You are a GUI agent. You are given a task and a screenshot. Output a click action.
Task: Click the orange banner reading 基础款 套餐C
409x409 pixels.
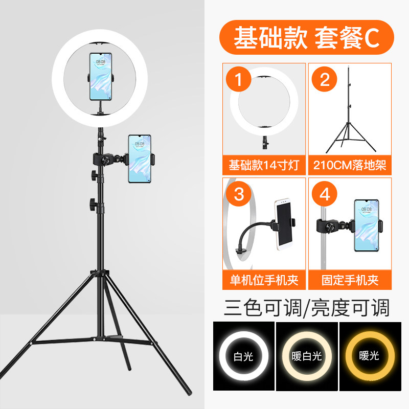(306, 37)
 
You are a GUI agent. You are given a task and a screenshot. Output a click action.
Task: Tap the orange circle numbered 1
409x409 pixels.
(239, 79)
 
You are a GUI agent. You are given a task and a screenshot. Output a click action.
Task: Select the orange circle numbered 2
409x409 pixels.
(325, 79)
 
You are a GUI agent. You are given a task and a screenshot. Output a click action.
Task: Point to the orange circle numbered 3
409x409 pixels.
(239, 194)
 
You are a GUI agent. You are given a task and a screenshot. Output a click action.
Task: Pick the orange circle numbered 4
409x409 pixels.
(325, 194)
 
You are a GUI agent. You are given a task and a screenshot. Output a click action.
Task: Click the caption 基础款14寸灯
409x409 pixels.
(264, 165)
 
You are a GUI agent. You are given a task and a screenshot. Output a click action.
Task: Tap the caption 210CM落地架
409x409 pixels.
(350, 165)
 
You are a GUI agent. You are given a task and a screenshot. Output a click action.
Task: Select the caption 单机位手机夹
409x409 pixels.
(264, 280)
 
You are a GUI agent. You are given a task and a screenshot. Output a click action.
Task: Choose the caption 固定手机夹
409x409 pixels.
(350, 280)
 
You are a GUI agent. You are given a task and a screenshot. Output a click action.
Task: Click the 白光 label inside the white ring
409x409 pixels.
(243, 356)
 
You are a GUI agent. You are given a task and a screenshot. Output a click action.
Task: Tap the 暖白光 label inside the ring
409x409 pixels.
(307, 356)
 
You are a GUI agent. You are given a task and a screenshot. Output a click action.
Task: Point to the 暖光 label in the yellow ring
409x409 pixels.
(369, 355)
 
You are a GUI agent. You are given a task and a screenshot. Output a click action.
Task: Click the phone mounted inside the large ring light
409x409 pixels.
(101, 76)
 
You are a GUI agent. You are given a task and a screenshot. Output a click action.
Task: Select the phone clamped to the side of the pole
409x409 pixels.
(140, 158)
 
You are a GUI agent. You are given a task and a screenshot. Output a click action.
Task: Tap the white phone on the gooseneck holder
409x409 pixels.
(283, 224)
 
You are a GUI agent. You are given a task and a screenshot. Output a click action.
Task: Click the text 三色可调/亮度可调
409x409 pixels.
(307, 308)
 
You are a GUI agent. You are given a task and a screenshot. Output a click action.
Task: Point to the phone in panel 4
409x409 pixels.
(367, 225)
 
